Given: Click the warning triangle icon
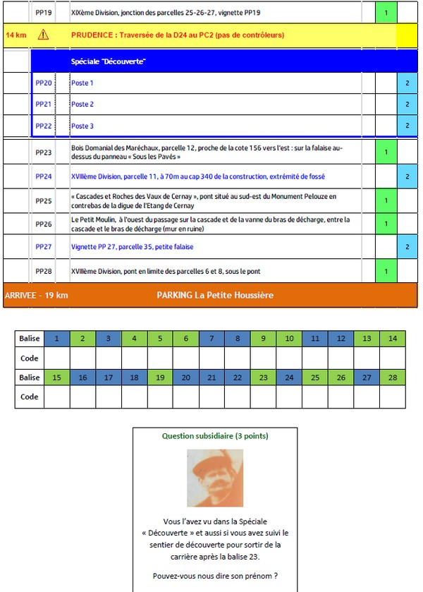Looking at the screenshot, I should coord(44,35).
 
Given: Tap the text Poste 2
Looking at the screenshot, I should coord(82,104).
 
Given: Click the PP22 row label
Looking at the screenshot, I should coord(44,126).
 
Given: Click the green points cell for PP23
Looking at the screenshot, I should coord(386,152).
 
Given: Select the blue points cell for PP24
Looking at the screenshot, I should coord(407,176).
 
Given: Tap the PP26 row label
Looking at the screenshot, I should coord(44,224).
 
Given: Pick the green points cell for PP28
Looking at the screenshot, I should coord(386,270).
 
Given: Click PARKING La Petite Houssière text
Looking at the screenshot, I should coord(215,295).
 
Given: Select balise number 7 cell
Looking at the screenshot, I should coord(211,338).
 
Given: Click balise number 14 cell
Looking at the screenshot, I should coord(392,338).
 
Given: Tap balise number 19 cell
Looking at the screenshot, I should coord(160,377).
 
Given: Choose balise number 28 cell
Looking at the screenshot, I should coord(392,377).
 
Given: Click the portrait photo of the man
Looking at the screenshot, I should coord(214,478).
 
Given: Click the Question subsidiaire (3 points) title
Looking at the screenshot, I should coord(215,436).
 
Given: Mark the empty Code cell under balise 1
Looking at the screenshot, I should coord(57,358).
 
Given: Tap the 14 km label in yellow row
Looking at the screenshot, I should coord(16,35).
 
